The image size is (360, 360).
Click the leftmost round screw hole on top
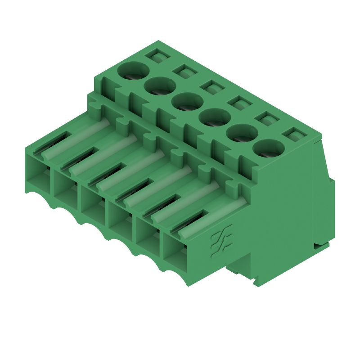tap(133, 71)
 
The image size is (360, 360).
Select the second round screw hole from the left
tap(160, 85)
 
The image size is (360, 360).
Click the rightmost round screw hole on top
tap(269, 148)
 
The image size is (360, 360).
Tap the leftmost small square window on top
tap(158, 55)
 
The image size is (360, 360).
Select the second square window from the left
tap(185, 71)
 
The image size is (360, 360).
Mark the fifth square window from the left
tap(266, 118)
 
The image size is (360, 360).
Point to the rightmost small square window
tap(294, 134)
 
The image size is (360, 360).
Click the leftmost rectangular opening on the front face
tap(37, 173)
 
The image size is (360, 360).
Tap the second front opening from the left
tap(65, 189)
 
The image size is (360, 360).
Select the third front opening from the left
tap(93, 205)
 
